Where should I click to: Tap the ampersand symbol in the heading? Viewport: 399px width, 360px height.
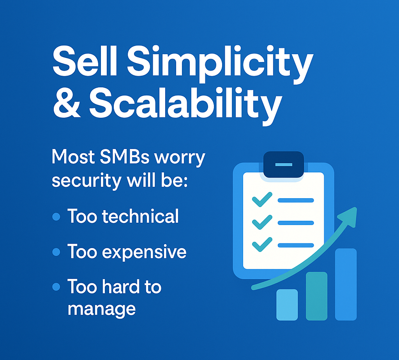click(67, 104)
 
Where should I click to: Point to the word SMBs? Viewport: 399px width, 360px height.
click(124, 157)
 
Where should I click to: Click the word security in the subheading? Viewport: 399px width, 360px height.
click(87, 181)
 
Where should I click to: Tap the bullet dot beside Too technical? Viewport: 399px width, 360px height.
click(56, 217)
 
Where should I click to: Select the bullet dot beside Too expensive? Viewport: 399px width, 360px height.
click(56, 252)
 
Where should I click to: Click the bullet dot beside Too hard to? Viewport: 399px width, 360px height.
click(56, 287)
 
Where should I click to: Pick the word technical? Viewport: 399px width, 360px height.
click(140, 216)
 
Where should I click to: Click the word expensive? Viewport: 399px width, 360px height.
click(144, 253)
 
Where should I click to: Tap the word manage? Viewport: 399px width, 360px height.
click(102, 310)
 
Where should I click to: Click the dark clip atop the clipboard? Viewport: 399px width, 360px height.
click(284, 165)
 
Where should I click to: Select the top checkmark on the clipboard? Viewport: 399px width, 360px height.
click(262, 199)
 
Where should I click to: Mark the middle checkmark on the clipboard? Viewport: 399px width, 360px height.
click(262, 222)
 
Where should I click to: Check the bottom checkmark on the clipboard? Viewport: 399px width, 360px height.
click(262, 245)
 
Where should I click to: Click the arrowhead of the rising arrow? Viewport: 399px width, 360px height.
click(349, 216)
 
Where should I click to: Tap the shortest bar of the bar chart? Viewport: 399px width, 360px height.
click(287, 305)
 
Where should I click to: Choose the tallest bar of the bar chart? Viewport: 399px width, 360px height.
click(346, 284)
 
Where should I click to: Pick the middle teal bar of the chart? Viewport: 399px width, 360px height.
click(316, 296)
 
